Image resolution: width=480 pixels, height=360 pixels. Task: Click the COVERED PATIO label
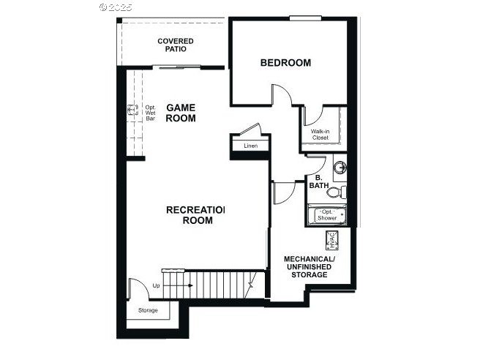pos(176,45)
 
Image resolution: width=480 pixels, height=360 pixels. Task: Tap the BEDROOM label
pos(285,63)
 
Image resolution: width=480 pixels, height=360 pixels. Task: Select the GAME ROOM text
pos(181,113)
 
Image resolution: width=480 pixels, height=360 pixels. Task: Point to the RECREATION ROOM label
pos(196,215)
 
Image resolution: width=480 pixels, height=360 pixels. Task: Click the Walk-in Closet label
pos(320,135)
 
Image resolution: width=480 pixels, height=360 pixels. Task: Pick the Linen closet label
pos(251,146)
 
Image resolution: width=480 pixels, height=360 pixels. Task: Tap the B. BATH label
pos(319,181)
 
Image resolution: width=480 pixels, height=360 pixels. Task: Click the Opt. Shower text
pos(327,215)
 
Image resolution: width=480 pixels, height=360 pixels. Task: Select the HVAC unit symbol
pos(332,240)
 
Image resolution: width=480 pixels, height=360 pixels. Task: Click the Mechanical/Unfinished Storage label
pos(310,267)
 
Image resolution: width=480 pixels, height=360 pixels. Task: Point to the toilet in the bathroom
pos(336,192)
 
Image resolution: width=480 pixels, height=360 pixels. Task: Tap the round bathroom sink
pos(340,168)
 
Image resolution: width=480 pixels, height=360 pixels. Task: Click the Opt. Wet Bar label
pos(150,113)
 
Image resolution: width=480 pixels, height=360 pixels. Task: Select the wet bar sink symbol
pos(133,110)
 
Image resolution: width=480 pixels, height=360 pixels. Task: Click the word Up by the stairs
pos(156,285)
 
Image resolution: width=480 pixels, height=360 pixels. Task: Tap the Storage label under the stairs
pos(148,310)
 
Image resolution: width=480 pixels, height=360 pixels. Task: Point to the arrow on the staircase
pos(179,285)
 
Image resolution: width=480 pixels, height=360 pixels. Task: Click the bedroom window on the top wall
pos(304,18)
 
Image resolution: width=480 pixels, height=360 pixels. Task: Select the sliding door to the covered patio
pos(176,67)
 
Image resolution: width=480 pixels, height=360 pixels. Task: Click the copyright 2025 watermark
pos(116,7)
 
